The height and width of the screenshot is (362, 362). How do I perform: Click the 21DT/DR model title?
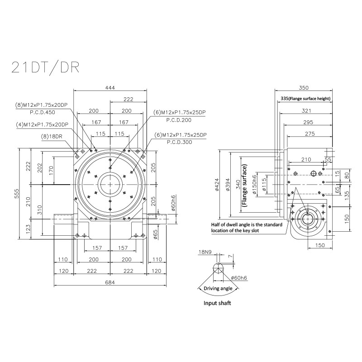pos(46,67)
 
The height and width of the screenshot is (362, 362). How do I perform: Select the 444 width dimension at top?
pos(110,88)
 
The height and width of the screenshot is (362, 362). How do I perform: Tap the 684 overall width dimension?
pos(110,282)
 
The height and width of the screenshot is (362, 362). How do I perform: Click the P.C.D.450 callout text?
pos(43,112)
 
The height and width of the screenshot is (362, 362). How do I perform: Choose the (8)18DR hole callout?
pos(52,137)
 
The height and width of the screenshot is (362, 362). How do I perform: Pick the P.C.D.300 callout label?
pos(179,142)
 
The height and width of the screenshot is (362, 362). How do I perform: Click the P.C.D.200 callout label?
pos(179,120)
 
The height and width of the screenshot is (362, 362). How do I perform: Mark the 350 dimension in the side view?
pos(304,88)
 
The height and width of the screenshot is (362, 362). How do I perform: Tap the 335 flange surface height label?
pos(305,99)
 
